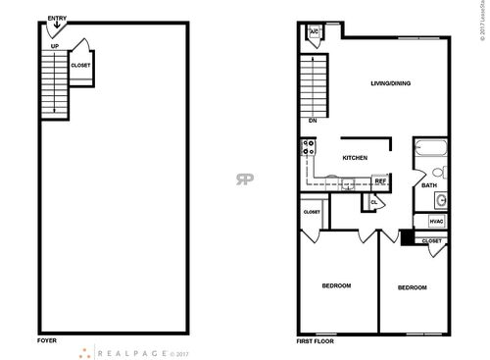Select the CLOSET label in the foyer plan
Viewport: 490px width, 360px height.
click(x=80, y=66)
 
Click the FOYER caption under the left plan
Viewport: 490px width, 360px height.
click(x=46, y=341)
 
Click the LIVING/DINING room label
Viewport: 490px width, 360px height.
click(x=390, y=83)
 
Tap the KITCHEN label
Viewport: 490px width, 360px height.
click(x=354, y=157)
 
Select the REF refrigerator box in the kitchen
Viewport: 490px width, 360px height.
click(x=381, y=181)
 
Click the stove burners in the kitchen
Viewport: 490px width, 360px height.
click(x=308, y=150)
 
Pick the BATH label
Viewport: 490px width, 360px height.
click(x=429, y=185)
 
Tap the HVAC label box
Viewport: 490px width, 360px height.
click(x=436, y=222)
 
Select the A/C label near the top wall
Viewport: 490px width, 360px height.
click(x=314, y=32)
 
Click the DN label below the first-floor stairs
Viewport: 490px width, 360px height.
click(x=313, y=121)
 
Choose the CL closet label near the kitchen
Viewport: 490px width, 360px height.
click(x=373, y=203)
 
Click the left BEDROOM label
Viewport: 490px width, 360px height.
click(x=336, y=285)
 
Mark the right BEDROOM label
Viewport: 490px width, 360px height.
click(x=412, y=287)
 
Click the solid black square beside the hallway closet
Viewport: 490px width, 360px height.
click(x=407, y=238)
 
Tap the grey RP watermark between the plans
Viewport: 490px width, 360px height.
click(x=242, y=179)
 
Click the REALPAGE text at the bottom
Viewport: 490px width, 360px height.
click(x=128, y=351)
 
